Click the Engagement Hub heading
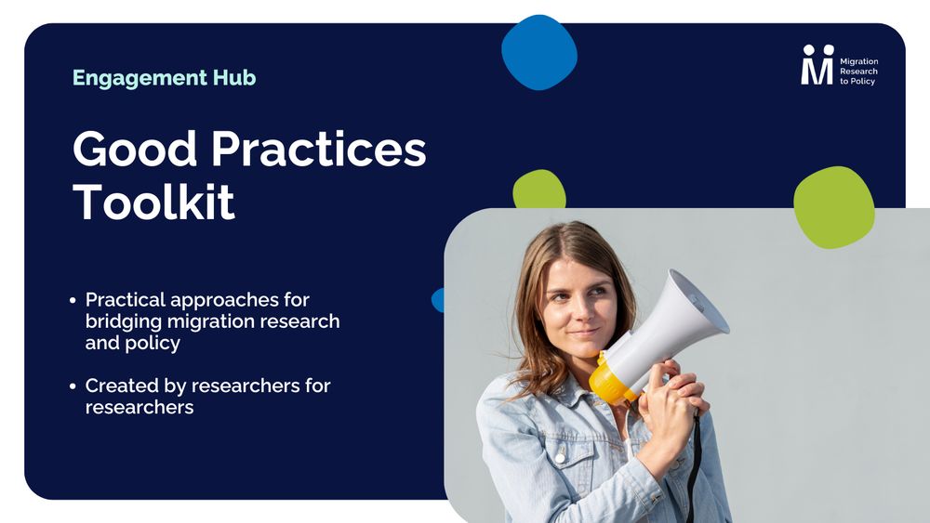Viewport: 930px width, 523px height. pos(165,78)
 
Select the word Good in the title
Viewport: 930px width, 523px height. pos(135,149)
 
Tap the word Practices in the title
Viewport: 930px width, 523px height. pos(318,149)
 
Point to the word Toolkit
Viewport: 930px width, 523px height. pos(153,202)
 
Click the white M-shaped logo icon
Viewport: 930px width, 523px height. pos(817,64)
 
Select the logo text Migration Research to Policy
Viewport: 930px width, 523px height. pos(858,72)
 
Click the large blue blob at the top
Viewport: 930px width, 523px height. pos(539,52)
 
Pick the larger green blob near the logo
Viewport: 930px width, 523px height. pos(834,207)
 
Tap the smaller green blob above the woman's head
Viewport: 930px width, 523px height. pos(539,189)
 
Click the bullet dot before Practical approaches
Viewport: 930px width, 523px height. pos(73,301)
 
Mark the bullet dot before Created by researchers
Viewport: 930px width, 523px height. pos(73,386)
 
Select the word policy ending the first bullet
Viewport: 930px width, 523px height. pos(153,344)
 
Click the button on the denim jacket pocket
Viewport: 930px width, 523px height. pos(560,457)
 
